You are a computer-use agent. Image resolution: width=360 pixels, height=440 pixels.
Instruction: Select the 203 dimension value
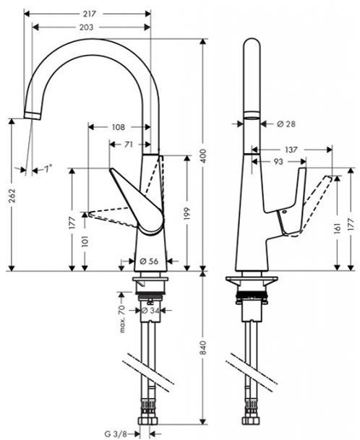click(x=90, y=27)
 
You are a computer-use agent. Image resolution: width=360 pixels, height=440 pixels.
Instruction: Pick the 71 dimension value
click(x=128, y=144)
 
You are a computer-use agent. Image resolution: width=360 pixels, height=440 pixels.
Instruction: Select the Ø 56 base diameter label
click(x=148, y=262)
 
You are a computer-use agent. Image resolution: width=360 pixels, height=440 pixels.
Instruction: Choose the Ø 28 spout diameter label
click(x=286, y=125)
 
